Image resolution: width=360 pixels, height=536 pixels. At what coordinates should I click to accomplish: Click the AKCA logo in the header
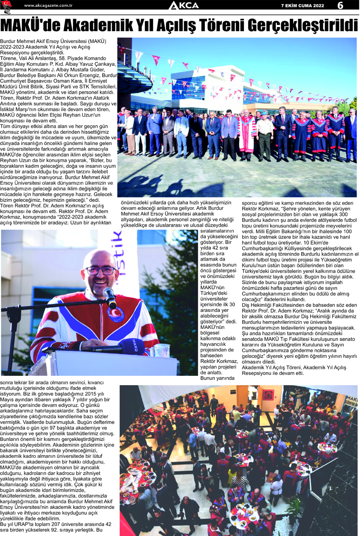point(183,5)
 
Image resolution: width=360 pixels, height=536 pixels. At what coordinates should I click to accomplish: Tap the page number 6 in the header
point(341,5)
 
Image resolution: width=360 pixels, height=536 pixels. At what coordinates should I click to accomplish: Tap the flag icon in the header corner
point(7,5)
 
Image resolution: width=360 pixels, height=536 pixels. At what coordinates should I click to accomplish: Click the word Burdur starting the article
point(10,41)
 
